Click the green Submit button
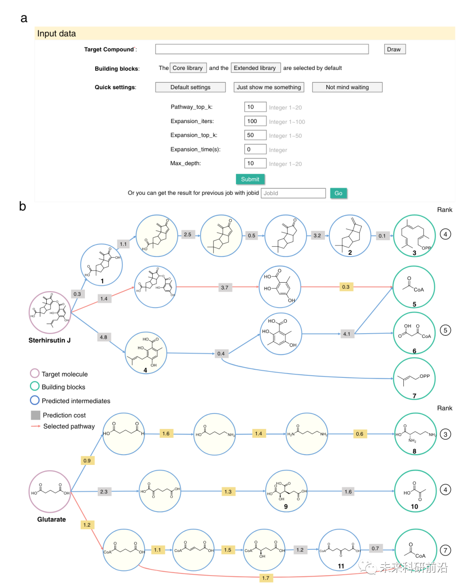click(250, 179)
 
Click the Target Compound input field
click(262, 49)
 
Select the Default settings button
click(190, 87)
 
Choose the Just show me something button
click(269, 87)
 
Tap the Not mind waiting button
click(347, 87)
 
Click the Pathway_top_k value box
click(255, 107)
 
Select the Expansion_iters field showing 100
click(255, 121)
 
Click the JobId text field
click(293, 193)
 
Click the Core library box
click(188, 68)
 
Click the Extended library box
click(255, 68)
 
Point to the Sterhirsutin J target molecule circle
click(50, 312)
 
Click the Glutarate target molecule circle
click(50, 492)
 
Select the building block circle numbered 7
click(414, 379)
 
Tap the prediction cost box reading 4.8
click(103, 337)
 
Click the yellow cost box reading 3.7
click(225, 287)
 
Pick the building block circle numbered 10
click(415, 491)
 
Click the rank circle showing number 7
click(445, 550)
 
